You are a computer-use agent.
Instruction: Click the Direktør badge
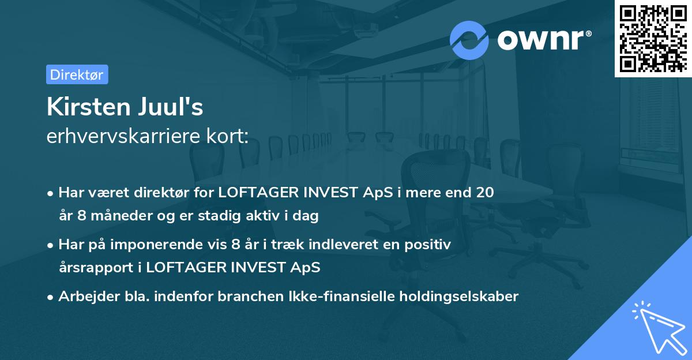(x=77, y=74)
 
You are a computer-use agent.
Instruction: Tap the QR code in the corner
(x=653, y=38)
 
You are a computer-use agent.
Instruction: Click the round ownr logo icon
(x=469, y=40)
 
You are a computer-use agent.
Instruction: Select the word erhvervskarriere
(x=125, y=137)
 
